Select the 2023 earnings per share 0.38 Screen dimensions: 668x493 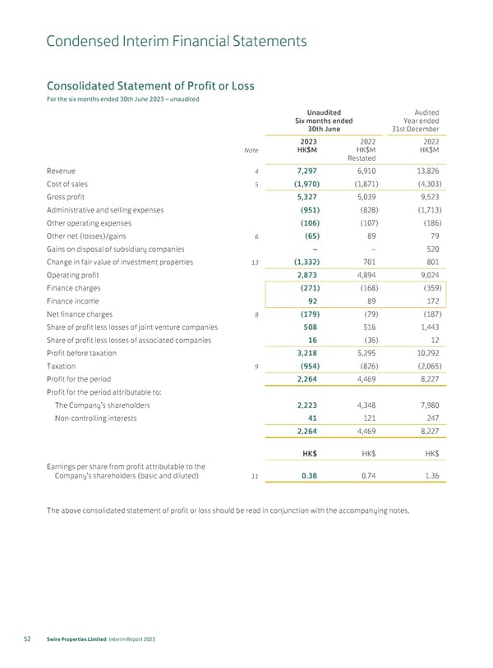pos(310,474)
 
